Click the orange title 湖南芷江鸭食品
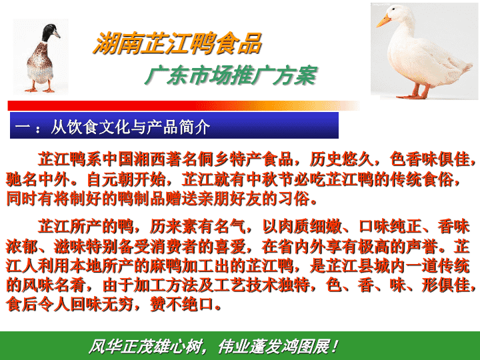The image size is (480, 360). tap(177, 43)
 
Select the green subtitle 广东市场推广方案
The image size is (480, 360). tap(231, 75)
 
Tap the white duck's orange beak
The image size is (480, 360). tap(383, 21)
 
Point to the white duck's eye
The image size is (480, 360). tap(394, 9)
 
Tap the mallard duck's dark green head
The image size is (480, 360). tap(49, 32)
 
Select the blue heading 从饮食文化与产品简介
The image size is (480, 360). tap(130, 127)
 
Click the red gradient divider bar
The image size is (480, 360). tap(184, 105)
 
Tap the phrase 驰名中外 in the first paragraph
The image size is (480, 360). tap(37, 180)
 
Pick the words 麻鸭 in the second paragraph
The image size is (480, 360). tap(165, 266)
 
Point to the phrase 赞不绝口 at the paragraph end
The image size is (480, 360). tap(181, 304)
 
